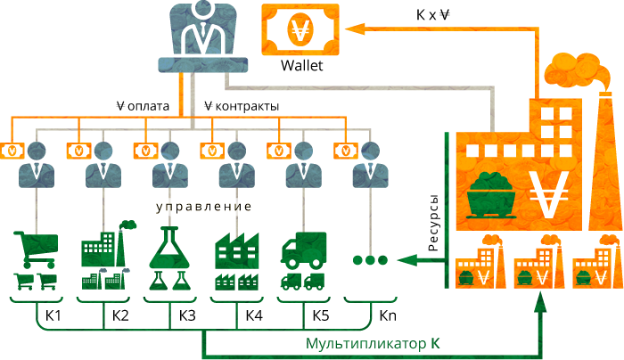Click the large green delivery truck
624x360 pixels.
[303, 250]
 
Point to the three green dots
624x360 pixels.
[370, 260]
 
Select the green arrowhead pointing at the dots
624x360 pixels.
[400, 260]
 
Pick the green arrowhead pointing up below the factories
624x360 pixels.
[538, 302]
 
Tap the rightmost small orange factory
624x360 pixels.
[595, 263]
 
